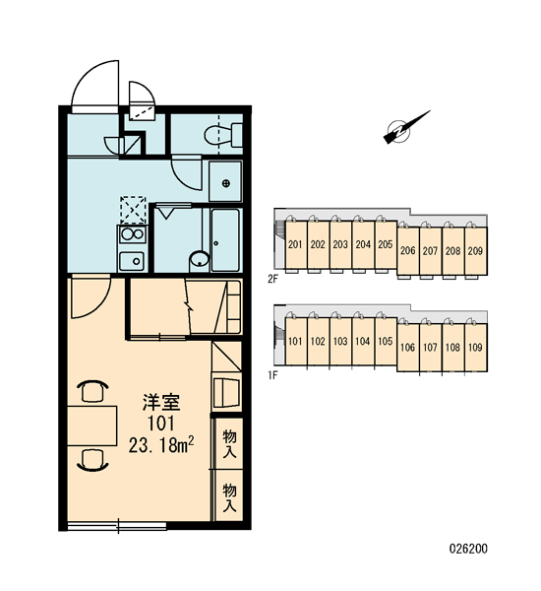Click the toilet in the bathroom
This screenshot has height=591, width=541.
point(223,135)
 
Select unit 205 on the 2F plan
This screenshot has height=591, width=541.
point(386,244)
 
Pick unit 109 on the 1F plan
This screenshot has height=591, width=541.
point(475,347)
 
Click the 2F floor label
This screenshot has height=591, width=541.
point(272,279)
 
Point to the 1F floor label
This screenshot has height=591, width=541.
point(272,376)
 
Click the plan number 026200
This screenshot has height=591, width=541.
point(468,549)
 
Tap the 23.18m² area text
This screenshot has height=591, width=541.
point(161,445)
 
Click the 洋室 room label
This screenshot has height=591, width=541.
point(161,403)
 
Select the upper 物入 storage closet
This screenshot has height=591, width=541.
point(229,443)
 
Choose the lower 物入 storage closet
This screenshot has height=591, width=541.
point(229,496)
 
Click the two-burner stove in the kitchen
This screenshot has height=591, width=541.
point(132,234)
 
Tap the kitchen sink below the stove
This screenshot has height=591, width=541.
point(132,261)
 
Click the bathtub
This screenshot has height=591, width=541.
point(225,239)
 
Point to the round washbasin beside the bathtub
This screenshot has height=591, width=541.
point(199,259)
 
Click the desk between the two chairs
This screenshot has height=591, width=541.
point(92,426)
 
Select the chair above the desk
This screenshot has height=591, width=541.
point(92,390)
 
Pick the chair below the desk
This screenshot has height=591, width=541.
point(92,461)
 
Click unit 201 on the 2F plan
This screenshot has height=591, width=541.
point(295,244)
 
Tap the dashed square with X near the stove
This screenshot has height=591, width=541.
point(133,210)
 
